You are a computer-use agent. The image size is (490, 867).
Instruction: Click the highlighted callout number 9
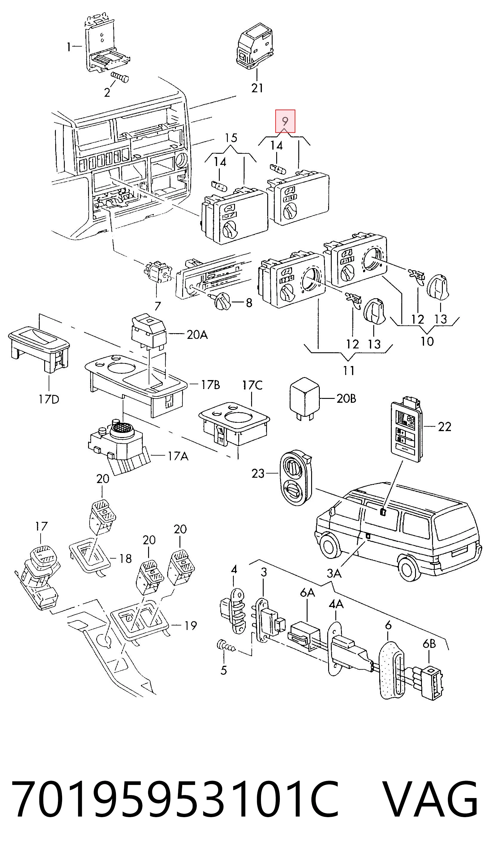[285, 121]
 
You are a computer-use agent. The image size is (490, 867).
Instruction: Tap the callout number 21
[257, 88]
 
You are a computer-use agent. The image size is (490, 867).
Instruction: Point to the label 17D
[48, 399]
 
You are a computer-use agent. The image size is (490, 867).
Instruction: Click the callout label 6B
[429, 644]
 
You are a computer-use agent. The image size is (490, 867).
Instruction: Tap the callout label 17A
[178, 456]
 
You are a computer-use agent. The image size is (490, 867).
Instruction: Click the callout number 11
[349, 371]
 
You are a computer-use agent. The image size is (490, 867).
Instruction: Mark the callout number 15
[231, 138]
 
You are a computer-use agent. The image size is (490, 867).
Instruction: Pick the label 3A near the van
[334, 573]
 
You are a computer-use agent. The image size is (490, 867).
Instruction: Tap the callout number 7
[157, 306]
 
